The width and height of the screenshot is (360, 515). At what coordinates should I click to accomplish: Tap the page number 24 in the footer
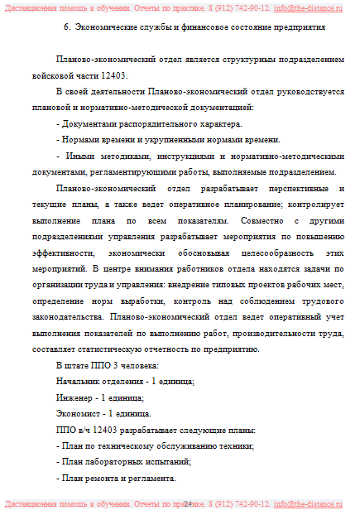tap(188, 503)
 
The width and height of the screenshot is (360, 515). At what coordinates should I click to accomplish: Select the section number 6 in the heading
tap(66, 27)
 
